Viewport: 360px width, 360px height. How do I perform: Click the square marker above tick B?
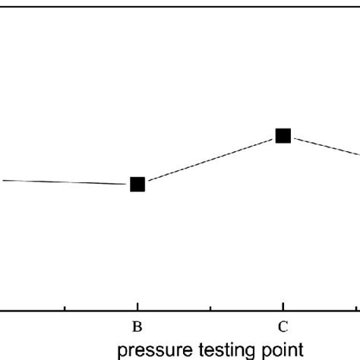coord(137,184)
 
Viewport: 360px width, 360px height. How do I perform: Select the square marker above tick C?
coord(283,136)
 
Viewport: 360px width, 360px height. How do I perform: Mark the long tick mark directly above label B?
coord(137,305)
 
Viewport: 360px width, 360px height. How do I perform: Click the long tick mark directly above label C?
coord(283,305)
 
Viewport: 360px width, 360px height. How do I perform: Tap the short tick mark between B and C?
coord(210,307)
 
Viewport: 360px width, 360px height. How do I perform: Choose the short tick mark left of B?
coord(65,307)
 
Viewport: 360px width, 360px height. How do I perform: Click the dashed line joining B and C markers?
coord(210,160)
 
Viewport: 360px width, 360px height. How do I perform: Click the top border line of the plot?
coord(180,5)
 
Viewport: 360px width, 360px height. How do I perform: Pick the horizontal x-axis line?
coord(180,310)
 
